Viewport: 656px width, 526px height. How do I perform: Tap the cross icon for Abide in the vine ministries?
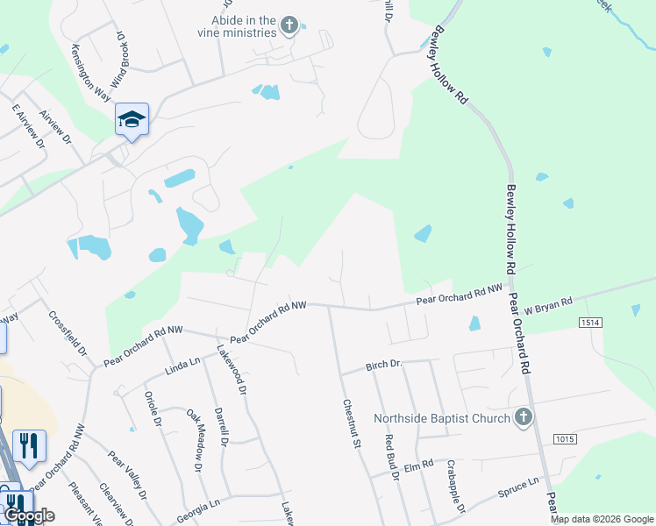click(x=290, y=26)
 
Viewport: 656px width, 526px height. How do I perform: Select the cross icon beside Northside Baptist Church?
click(x=524, y=417)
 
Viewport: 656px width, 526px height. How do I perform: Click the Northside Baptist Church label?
click(x=442, y=418)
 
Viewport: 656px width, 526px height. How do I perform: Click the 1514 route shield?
click(x=590, y=323)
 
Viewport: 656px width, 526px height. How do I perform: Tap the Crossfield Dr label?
click(x=68, y=334)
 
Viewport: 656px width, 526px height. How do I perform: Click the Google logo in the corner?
click(x=30, y=516)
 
